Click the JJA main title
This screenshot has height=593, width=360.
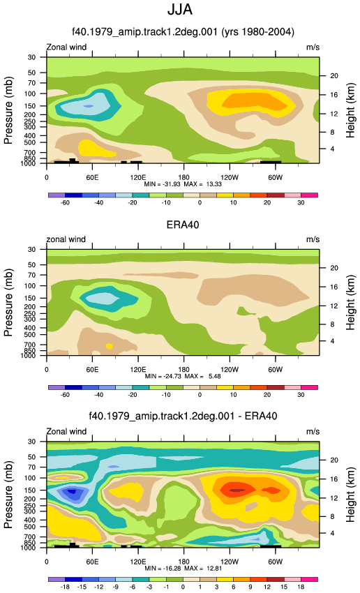click(180, 10)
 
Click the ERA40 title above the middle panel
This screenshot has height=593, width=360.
click(183, 225)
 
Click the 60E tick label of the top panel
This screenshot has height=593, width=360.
click(92, 177)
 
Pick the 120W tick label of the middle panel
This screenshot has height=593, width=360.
click(229, 369)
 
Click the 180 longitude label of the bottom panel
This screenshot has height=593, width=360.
click(183, 561)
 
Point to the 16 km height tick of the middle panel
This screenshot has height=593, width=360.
click(334, 287)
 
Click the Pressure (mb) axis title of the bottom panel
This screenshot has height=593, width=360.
click(8, 495)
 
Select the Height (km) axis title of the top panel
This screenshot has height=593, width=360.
click(350, 110)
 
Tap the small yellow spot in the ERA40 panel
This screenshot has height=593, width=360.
click(110, 346)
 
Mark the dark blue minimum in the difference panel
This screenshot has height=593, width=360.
click(70, 492)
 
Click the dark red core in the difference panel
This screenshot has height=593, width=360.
click(237, 490)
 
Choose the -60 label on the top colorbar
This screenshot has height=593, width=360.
click(65, 203)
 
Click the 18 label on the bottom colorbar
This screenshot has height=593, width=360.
click(301, 587)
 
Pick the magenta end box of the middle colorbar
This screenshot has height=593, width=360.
click(309, 387)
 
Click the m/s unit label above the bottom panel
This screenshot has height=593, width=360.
click(313, 432)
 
